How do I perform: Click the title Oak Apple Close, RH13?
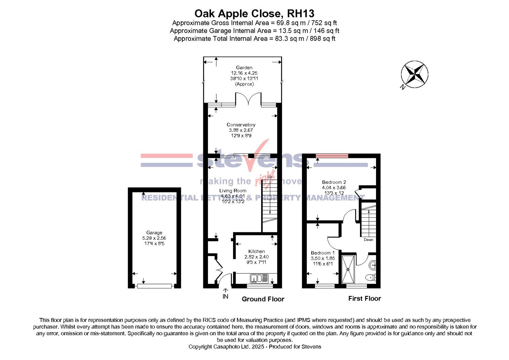254,13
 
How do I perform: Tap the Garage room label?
154,233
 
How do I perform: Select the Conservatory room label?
241,125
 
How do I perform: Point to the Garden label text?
244,68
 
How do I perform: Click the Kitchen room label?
256,251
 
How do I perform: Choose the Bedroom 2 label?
334,182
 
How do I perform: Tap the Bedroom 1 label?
323,253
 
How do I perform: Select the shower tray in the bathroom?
348,269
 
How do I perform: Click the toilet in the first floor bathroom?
370,277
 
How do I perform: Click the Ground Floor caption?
263,299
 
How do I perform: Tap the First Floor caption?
364,298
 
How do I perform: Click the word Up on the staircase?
270,177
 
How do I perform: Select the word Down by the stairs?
368,240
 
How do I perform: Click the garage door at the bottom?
154,286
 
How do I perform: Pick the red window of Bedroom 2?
332,155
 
